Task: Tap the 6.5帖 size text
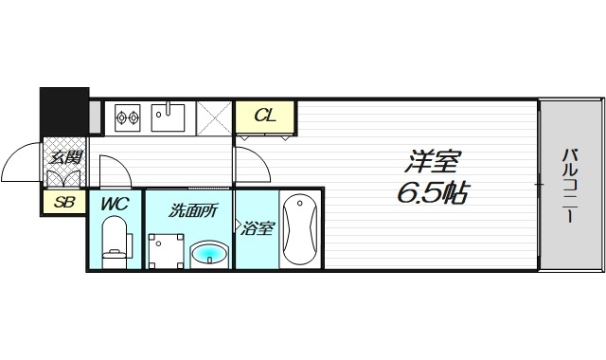[432, 193]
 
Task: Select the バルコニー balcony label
[569, 184]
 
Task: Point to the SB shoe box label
[63, 202]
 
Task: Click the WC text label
[114, 202]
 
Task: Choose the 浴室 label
[257, 227]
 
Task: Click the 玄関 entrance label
[64, 158]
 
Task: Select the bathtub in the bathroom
[300, 229]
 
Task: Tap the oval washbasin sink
[209, 253]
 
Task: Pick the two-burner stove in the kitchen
[127, 117]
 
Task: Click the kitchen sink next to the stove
[170, 117]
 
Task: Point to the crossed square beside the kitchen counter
[216, 117]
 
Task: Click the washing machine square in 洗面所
[167, 250]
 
